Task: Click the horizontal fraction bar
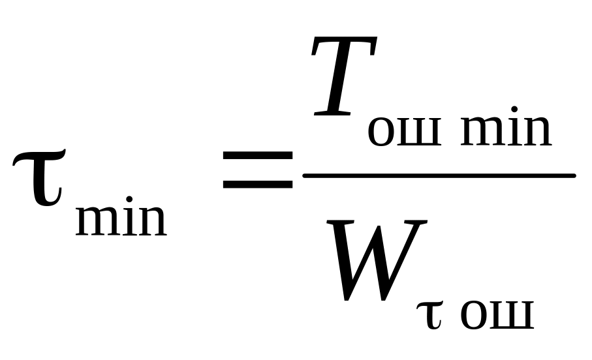(439, 175)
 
